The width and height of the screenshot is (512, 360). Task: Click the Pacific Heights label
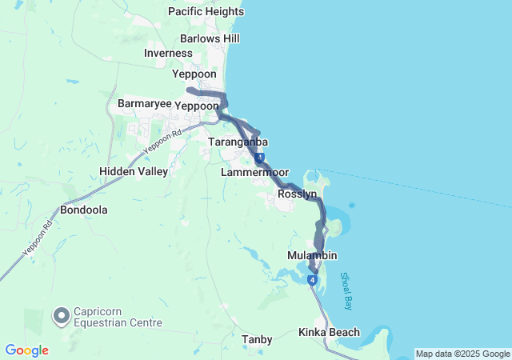tap(206, 11)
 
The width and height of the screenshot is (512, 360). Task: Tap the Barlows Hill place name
tap(210, 38)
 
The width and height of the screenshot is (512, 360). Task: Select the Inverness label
tap(168, 53)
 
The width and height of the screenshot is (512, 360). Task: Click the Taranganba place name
tap(238, 142)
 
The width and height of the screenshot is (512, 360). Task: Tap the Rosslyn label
tap(298, 194)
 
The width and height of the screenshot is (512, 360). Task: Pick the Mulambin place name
tap(312, 255)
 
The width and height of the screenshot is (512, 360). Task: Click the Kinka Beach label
tap(329, 332)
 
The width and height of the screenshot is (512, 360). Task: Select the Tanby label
tap(257, 340)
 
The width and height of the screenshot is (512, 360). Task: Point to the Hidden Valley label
tap(134, 171)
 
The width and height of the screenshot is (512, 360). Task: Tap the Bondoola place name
tap(84, 210)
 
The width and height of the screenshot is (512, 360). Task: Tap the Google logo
tap(26, 350)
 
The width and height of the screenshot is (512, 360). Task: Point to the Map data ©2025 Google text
tap(462, 354)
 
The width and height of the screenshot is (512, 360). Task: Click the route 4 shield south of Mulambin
tap(310, 279)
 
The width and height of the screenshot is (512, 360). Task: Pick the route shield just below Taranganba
tap(259, 159)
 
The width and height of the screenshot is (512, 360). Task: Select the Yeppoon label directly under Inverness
tap(194, 74)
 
